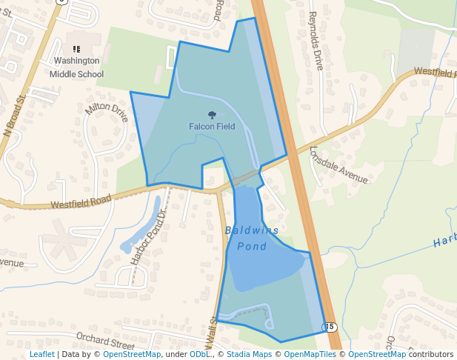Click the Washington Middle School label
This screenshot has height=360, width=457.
(76, 67)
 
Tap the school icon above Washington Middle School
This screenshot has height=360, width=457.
(76, 48)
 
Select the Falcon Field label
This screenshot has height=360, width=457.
(212, 127)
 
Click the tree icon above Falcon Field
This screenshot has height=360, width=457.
(213, 115)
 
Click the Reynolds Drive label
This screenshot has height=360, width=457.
(316, 41)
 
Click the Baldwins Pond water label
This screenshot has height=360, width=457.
(252, 238)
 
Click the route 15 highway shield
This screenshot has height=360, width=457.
(330, 327)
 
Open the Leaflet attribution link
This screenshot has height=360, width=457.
(42, 354)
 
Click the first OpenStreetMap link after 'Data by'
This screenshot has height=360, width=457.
(132, 354)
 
